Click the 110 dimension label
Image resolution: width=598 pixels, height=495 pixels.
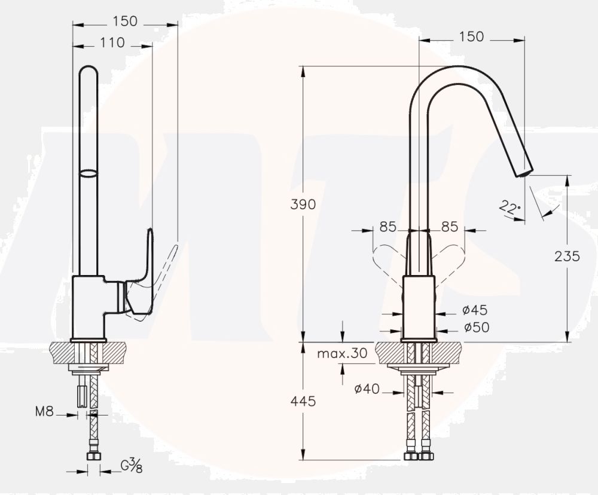point(112,42)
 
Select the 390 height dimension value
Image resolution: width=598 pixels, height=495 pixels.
point(303,204)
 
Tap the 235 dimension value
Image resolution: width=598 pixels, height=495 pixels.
point(568,256)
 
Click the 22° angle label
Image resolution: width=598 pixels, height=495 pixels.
point(510,209)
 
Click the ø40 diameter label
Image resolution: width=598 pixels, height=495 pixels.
point(367,389)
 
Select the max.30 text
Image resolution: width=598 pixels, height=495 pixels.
point(342,353)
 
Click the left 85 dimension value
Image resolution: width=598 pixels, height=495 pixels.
point(388,227)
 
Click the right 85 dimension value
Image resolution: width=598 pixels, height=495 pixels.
point(449,227)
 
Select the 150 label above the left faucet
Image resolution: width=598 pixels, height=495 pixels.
point(124,21)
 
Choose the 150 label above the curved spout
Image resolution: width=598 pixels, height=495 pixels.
point(471,36)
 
